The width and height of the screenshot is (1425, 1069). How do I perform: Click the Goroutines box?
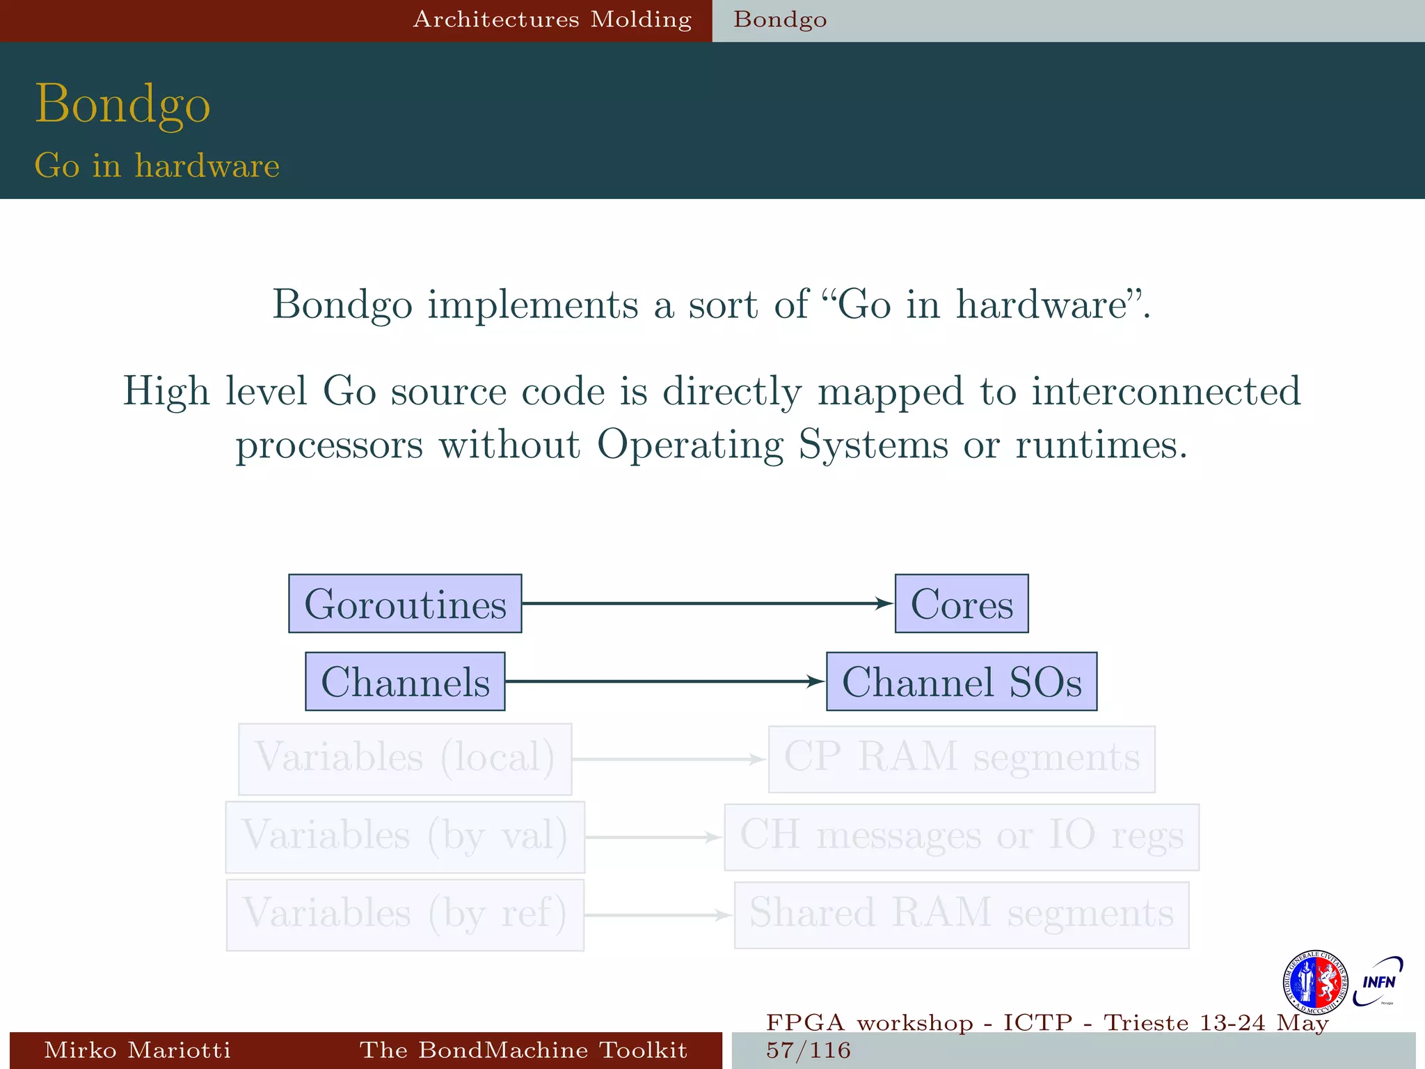click(x=405, y=603)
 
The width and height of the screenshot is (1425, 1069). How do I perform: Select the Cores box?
click(x=962, y=603)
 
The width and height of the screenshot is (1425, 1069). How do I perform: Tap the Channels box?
click(x=405, y=681)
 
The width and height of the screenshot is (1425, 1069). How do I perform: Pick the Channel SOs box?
click(x=962, y=681)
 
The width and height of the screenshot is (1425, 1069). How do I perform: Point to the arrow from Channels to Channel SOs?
click(x=665, y=681)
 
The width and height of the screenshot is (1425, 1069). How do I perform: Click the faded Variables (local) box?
click(x=405, y=759)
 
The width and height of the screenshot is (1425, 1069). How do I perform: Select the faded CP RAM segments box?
click(x=962, y=759)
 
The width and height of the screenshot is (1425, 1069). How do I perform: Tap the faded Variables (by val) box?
click(x=405, y=837)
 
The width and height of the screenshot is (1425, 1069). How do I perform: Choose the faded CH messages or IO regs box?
click(x=962, y=837)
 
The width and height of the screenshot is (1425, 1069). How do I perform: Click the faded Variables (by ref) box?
click(x=405, y=914)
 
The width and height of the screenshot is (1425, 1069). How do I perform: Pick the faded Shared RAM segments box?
click(x=962, y=914)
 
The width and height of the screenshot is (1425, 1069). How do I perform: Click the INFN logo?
click(x=1378, y=981)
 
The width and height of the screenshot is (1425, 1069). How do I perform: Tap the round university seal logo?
click(x=1315, y=983)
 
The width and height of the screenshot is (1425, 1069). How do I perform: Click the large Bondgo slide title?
click(x=122, y=104)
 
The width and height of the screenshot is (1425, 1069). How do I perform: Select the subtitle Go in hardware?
click(x=157, y=166)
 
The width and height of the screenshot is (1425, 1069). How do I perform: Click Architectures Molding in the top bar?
click(x=552, y=19)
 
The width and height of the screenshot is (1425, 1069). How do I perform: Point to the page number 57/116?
click(x=809, y=1050)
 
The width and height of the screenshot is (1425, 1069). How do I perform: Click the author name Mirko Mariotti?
click(x=137, y=1050)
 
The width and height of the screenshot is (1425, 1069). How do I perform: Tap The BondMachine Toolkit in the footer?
click(x=523, y=1050)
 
